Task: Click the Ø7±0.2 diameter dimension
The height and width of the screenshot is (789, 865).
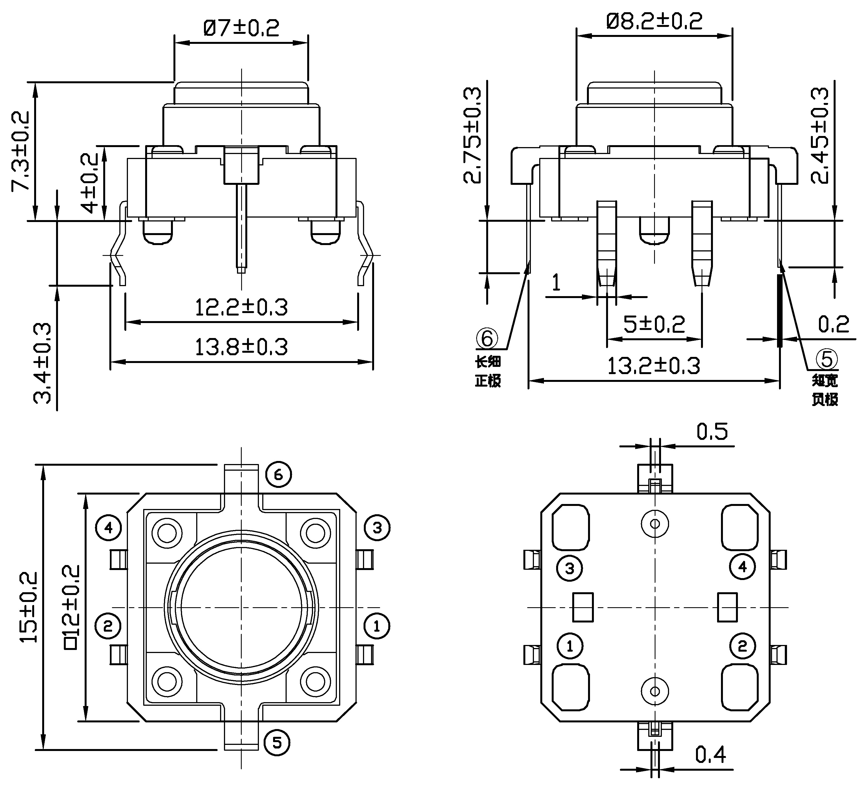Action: (241, 28)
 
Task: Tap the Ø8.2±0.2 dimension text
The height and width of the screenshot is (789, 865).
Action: (654, 21)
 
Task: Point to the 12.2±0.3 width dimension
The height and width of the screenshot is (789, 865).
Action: (241, 307)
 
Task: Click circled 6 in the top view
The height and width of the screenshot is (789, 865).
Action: (278, 475)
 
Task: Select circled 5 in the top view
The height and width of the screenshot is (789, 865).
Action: (277, 742)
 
